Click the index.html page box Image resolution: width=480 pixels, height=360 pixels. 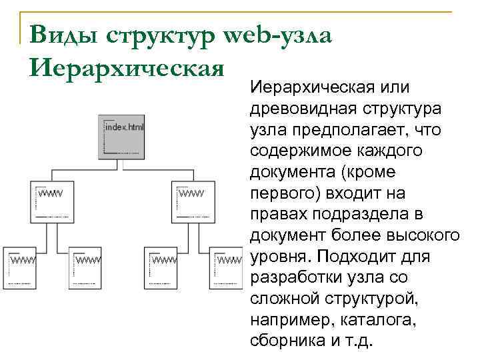coord(121,137)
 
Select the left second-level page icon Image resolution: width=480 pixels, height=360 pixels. coord(51,200)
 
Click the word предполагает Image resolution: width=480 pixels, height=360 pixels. coord(349,129)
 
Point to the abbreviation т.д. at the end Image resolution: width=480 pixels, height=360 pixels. coord(360,343)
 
